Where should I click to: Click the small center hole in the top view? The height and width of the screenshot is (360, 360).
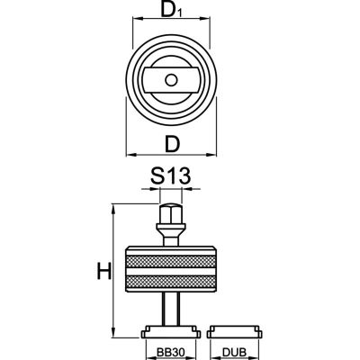click(171, 80)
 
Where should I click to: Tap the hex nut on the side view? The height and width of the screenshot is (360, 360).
click(171, 216)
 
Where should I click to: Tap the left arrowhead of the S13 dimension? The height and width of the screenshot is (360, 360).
click(155, 191)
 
